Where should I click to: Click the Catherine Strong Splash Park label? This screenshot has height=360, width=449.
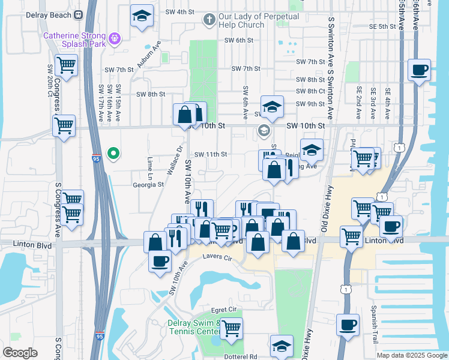pos(75,40)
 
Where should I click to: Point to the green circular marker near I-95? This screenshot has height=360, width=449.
pos(112,154)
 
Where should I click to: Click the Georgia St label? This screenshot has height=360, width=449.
pos(148,185)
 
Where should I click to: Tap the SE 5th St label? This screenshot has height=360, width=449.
pos(382,27)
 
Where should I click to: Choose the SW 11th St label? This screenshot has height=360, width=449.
pos(210,154)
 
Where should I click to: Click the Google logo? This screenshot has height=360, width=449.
pos(20,353)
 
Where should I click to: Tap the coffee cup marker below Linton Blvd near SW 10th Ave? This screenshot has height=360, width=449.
pos(160,262)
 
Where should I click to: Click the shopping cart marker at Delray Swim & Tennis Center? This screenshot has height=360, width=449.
pos(231,328)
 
